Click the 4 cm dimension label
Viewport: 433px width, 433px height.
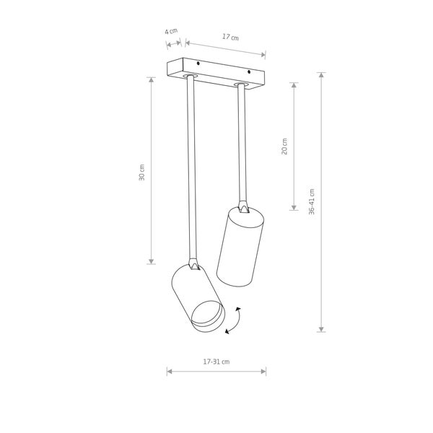[x=171, y=31]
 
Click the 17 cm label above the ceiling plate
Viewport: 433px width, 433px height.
[x=230, y=37]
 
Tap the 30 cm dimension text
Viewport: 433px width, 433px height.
[x=141, y=172]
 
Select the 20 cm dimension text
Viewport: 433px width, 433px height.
[x=284, y=146]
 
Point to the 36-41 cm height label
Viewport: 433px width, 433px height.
[x=312, y=201]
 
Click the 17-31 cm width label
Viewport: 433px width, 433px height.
[x=216, y=362]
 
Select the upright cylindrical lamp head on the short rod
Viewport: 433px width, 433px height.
[x=240, y=247]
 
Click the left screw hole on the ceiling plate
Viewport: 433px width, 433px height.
[x=198, y=64]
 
